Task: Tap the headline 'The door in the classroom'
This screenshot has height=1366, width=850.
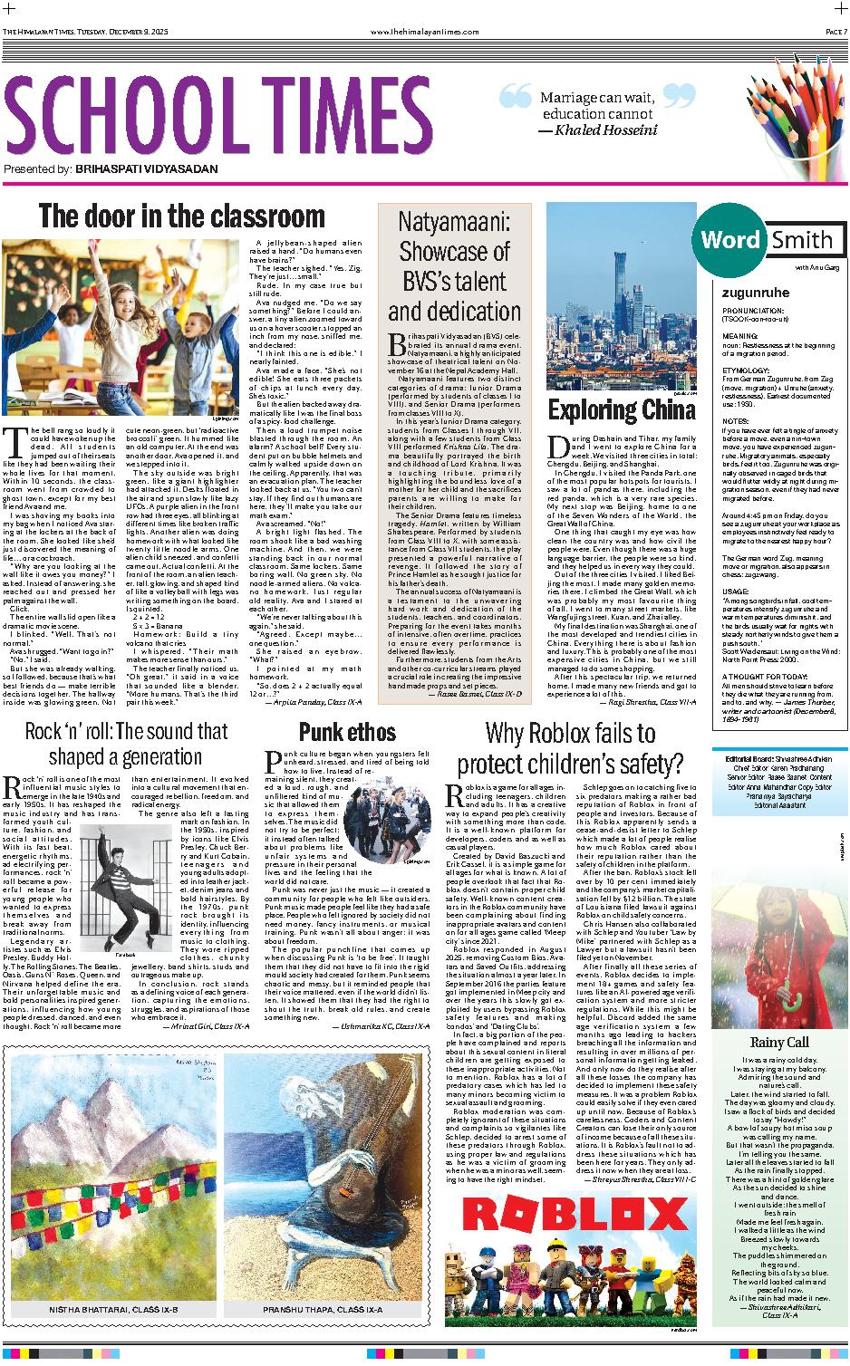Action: point(181,217)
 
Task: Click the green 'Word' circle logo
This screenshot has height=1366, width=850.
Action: point(730,240)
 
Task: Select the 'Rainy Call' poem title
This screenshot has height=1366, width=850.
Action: point(774,1042)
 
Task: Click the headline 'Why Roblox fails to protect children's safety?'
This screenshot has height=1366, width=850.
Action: point(583,745)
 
